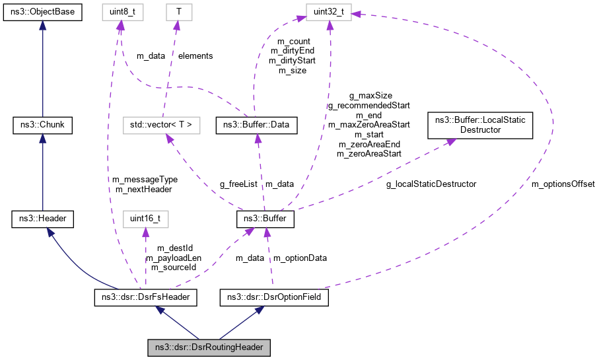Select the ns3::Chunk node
(42, 124)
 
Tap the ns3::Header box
(42, 218)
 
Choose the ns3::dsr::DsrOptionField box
(270, 298)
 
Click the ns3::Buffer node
(265, 218)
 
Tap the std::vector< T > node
(162, 124)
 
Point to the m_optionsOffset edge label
(563, 183)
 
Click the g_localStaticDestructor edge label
(431, 183)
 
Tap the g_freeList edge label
(239, 183)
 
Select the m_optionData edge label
(300, 258)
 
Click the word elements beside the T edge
(196, 56)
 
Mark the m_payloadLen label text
(175, 258)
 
